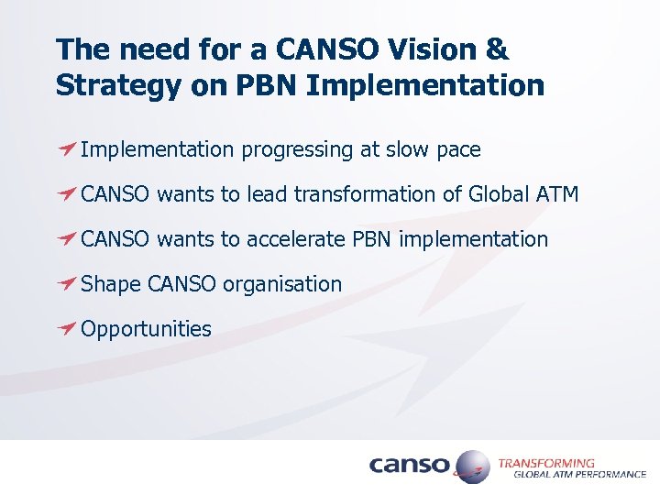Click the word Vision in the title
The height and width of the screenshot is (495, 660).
(441, 49)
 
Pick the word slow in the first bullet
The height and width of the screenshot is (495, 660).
(400, 149)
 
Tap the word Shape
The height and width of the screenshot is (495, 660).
(110, 284)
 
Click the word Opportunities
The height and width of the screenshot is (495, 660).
(146, 329)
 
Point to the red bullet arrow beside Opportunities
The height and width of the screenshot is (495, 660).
(66, 328)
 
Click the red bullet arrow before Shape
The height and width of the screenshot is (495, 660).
(66, 283)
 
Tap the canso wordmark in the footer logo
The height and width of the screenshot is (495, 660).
(410, 466)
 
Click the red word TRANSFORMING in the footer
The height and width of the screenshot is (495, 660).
(546, 463)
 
